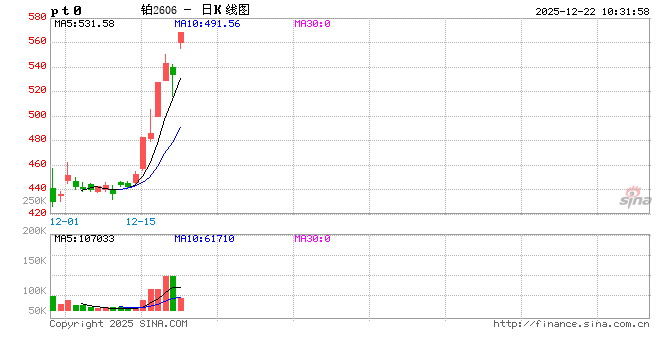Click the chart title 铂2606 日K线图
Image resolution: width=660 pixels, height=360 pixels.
click(x=195, y=9)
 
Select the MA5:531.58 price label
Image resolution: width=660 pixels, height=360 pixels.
click(x=84, y=23)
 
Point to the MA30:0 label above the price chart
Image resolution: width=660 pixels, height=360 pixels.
click(x=313, y=23)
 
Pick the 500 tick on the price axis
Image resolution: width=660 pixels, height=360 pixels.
click(x=35, y=115)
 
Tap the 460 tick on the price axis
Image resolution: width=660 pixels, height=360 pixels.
click(x=35, y=164)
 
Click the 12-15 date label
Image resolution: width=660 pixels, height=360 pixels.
click(x=142, y=221)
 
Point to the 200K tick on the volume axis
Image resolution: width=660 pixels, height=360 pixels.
click(x=33, y=232)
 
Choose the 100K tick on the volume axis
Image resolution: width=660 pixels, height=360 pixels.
click(x=33, y=291)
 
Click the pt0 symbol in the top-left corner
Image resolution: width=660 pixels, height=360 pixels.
click(x=66, y=10)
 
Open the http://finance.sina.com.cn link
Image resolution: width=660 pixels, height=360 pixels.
click(x=571, y=324)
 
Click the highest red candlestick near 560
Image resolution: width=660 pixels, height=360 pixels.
click(x=181, y=38)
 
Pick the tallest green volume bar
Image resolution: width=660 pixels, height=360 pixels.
click(x=173, y=293)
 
